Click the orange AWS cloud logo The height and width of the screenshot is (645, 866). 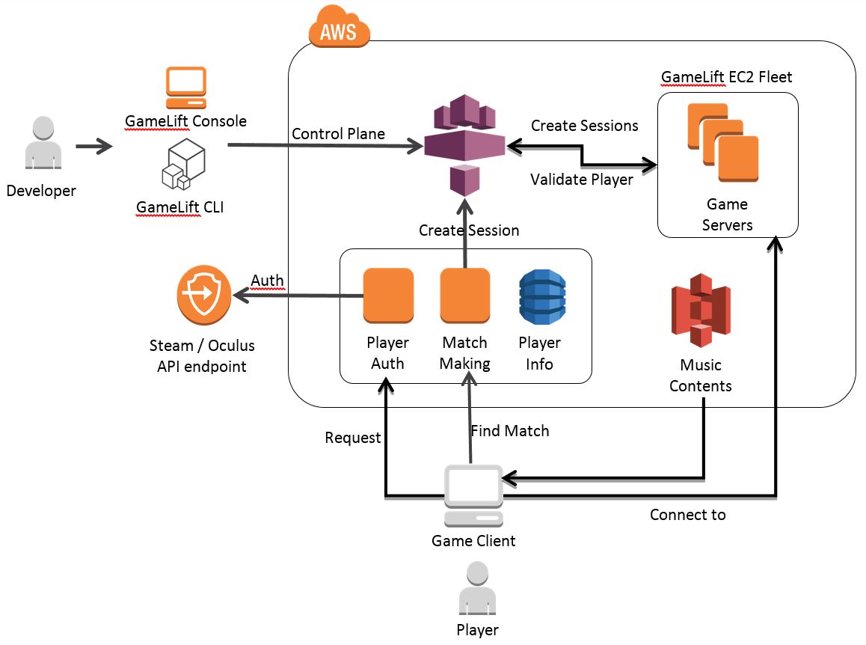click(x=339, y=28)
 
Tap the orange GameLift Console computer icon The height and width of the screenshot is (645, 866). click(x=185, y=88)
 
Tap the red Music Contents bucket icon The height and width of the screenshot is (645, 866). click(x=700, y=311)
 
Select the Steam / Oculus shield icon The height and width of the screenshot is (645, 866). click(x=202, y=295)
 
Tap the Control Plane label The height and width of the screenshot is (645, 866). click(x=338, y=134)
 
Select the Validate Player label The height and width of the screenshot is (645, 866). click(x=582, y=180)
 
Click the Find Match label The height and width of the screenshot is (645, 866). click(x=509, y=431)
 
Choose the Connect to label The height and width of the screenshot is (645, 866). click(x=687, y=515)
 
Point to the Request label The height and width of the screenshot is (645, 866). click(x=353, y=438)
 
